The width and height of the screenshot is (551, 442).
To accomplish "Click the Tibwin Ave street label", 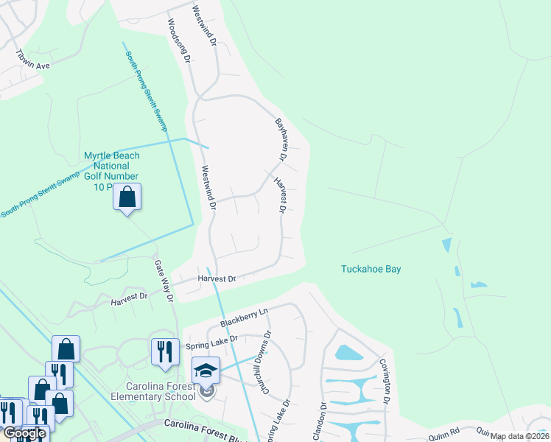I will (x=33, y=60).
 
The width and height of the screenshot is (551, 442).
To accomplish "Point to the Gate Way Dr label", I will (x=164, y=281).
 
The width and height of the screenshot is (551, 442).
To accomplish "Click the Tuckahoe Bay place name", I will (x=371, y=269).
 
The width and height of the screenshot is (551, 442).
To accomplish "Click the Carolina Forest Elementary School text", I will (x=153, y=392).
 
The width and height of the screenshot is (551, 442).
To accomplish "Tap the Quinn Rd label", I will (x=444, y=431).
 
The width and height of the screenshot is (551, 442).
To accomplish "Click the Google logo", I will (x=24, y=433).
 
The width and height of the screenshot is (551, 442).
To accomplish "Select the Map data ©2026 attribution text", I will (x=519, y=436).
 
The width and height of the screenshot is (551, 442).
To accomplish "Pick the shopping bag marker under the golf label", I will (x=127, y=197).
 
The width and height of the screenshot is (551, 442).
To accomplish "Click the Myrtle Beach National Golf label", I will (x=111, y=171).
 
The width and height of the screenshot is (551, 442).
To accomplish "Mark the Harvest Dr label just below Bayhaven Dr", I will (x=279, y=194).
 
